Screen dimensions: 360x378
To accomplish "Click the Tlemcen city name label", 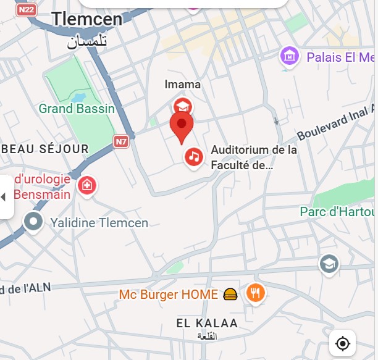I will pos(86,19).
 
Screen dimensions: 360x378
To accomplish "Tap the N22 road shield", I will pos(26,10).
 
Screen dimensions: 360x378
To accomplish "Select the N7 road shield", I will pos(121,141).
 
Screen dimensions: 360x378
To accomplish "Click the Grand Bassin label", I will pos(77,109).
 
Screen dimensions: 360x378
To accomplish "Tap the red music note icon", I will pos(194,157).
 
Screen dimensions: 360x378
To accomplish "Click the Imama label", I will pos(182,85).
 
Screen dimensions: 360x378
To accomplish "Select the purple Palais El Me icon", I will pos(289,57).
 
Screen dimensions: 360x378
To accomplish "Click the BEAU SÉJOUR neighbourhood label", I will pos(46,149).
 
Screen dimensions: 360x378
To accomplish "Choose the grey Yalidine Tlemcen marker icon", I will pos(33,222).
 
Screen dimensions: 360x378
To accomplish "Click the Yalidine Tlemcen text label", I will pos(99,222).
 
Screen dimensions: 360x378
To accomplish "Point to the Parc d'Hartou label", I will pos(337,212).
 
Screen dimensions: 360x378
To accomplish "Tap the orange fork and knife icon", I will pos(255,293).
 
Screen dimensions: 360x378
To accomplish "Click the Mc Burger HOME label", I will pos(169,295).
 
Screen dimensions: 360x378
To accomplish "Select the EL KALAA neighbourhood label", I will pos(207,323).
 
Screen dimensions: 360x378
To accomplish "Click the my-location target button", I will pos(343,343).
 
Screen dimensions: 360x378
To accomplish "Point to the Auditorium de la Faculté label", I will pos(254,157).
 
